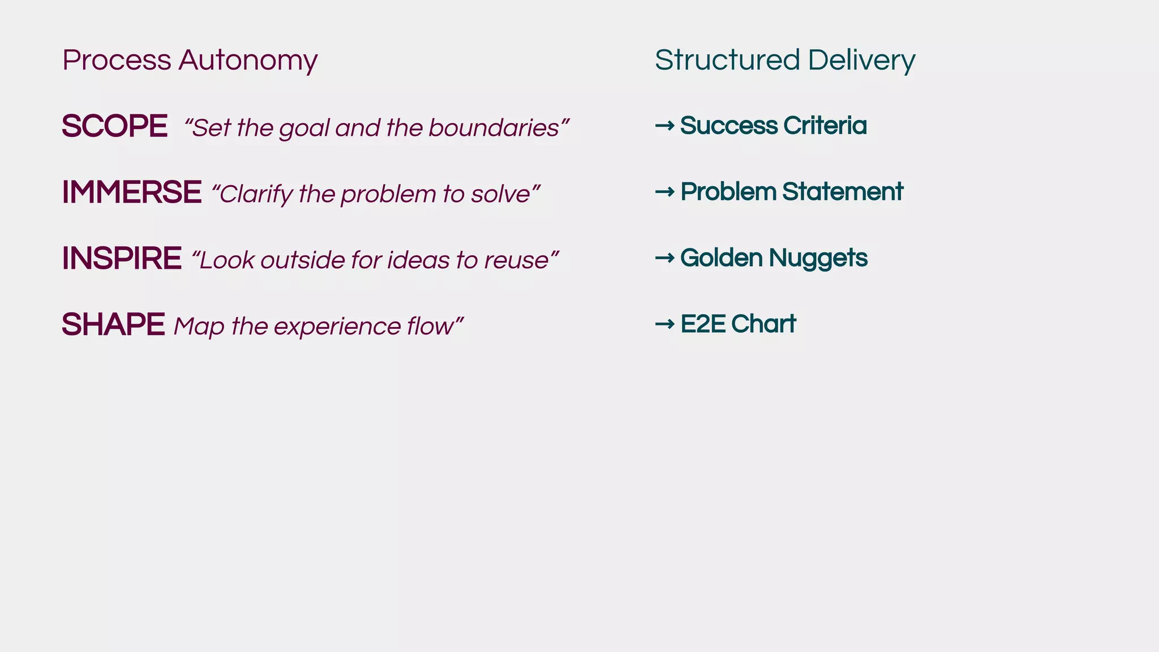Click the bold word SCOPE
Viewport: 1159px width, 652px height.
click(114, 126)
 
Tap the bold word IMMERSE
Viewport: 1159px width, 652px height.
click(131, 192)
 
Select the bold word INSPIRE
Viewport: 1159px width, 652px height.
click(122, 258)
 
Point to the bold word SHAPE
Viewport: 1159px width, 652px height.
click(113, 324)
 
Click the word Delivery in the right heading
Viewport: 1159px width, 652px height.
click(861, 61)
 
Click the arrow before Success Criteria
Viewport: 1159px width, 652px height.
click(664, 125)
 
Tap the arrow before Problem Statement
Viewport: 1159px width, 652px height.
click(664, 191)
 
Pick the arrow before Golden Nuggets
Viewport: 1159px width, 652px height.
click(664, 258)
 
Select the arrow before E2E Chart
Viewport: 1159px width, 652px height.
click(664, 324)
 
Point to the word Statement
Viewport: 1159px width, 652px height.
click(843, 191)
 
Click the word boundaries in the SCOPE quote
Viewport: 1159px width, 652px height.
click(494, 127)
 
